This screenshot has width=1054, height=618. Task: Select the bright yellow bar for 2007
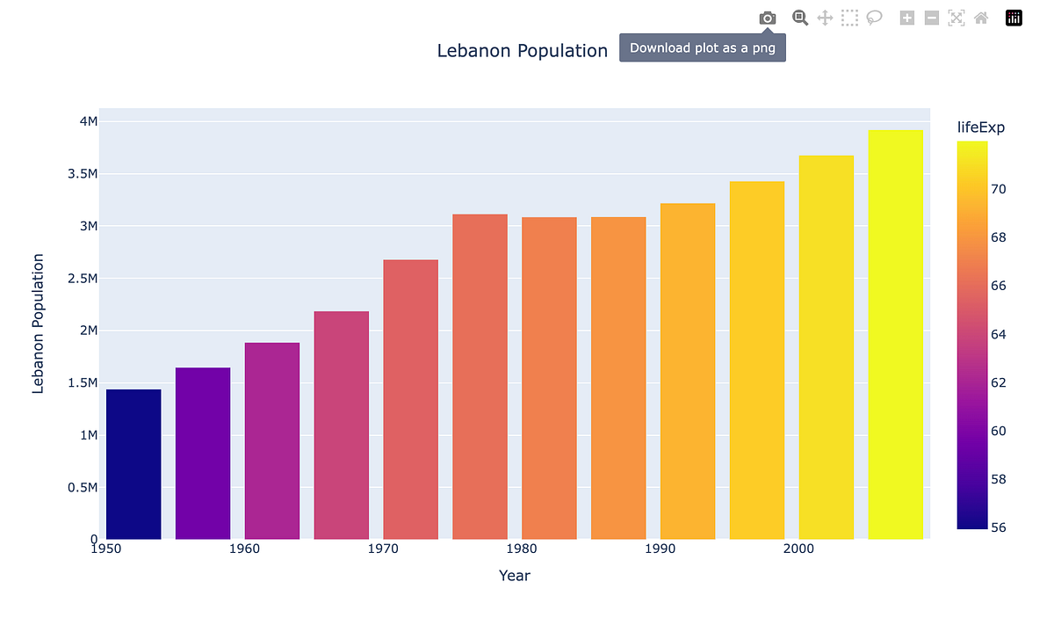(895, 334)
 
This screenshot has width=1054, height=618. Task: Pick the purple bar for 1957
(203, 453)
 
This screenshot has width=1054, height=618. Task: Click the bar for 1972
(410, 399)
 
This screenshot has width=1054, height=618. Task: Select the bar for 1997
(756, 360)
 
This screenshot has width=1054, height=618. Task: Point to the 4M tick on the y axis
(88, 121)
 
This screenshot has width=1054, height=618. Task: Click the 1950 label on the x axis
(105, 549)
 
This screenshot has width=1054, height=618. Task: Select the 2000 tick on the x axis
(798, 549)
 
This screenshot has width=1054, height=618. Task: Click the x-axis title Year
(514, 576)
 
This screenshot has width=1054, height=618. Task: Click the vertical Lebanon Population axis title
(38, 323)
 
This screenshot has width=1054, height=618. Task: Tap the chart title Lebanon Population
(522, 51)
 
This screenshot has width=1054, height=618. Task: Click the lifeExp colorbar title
(980, 127)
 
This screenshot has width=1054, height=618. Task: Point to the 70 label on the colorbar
(999, 189)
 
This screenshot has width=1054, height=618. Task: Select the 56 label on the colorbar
(999, 527)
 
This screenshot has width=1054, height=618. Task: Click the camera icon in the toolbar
(767, 18)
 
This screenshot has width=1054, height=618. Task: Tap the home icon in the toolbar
(981, 18)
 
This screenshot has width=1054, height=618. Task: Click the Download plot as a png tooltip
(703, 48)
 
